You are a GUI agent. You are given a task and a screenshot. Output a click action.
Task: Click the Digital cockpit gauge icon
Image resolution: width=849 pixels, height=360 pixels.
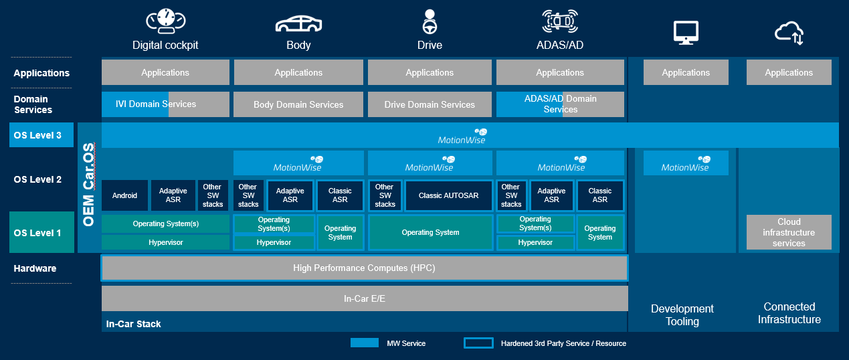click(x=165, y=21)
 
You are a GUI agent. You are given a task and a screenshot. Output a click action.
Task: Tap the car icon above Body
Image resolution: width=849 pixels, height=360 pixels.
click(x=298, y=23)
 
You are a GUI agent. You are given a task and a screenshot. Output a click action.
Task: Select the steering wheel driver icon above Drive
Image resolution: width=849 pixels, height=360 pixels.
click(x=430, y=21)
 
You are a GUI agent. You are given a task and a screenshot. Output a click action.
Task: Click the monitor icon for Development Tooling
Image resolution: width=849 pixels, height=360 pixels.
click(x=686, y=32)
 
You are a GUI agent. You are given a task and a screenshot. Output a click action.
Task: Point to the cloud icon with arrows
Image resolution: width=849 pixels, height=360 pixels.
click(x=789, y=32)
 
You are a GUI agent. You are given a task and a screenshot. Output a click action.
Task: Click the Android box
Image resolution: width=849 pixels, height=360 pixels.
click(x=124, y=195)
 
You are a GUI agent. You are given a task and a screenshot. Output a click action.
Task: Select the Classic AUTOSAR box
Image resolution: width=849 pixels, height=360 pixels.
click(x=448, y=195)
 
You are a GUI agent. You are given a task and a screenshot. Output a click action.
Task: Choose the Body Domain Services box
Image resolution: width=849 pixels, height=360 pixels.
click(x=298, y=104)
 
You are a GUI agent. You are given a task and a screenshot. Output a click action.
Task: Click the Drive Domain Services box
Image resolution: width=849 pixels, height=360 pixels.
click(x=430, y=104)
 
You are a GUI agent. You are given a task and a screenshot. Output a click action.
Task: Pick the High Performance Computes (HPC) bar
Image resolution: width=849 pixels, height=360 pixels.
click(x=365, y=268)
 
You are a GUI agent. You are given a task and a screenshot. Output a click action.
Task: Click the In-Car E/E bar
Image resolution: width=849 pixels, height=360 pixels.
click(x=365, y=298)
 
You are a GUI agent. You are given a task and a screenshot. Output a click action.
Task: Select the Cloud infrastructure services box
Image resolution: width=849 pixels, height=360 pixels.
click(x=789, y=232)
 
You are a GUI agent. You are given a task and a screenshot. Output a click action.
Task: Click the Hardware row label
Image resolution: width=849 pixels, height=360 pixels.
click(x=35, y=268)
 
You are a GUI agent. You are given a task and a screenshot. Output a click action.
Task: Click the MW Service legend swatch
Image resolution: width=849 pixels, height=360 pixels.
click(x=365, y=343)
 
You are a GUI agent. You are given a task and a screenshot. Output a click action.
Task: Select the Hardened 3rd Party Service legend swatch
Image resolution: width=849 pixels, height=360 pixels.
click(x=478, y=343)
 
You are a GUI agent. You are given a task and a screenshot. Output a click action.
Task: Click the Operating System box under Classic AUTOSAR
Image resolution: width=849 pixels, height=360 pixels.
click(x=430, y=232)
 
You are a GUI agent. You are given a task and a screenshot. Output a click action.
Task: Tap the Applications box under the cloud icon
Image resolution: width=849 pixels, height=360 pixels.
click(x=789, y=72)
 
